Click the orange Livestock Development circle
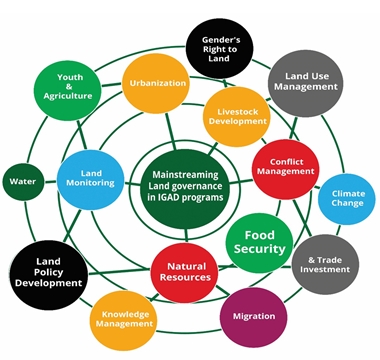237,114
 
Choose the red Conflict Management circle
285,166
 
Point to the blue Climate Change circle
347,198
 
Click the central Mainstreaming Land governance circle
185,182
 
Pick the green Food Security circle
259,240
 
